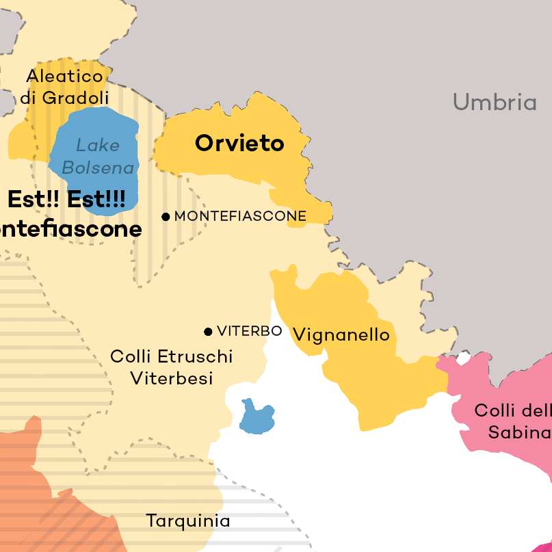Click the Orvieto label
pyautogui.click(x=239, y=144)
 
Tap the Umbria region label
pyautogui.click(x=494, y=103)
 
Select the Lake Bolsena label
pyautogui.click(x=98, y=156)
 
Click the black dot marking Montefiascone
pyautogui.click(x=166, y=217)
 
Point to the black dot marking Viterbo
pyautogui.click(x=208, y=332)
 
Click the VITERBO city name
pyautogui.click(x=249, y=331)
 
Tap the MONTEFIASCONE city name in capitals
pyautogui.click(x=240, y=216)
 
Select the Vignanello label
pyautogui.click(x=341, y=334)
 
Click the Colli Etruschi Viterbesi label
pyautogui.click(x=171, y=367)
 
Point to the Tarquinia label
pyautogui.click(x=188, y=521)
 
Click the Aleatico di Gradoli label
pyautogui.click(x=64, y=87)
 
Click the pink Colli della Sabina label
pyautogui.click(x=513, y=421)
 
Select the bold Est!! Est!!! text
pyautogui.click(x=66, y=200)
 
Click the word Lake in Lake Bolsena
pyautogui.click(x=97, y=145)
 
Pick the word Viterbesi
pyautogui.click(x=172, y=378)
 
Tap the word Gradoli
pyautogui.click(x=75, y=98)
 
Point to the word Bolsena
pyautogui.click(x=98, y=168)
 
